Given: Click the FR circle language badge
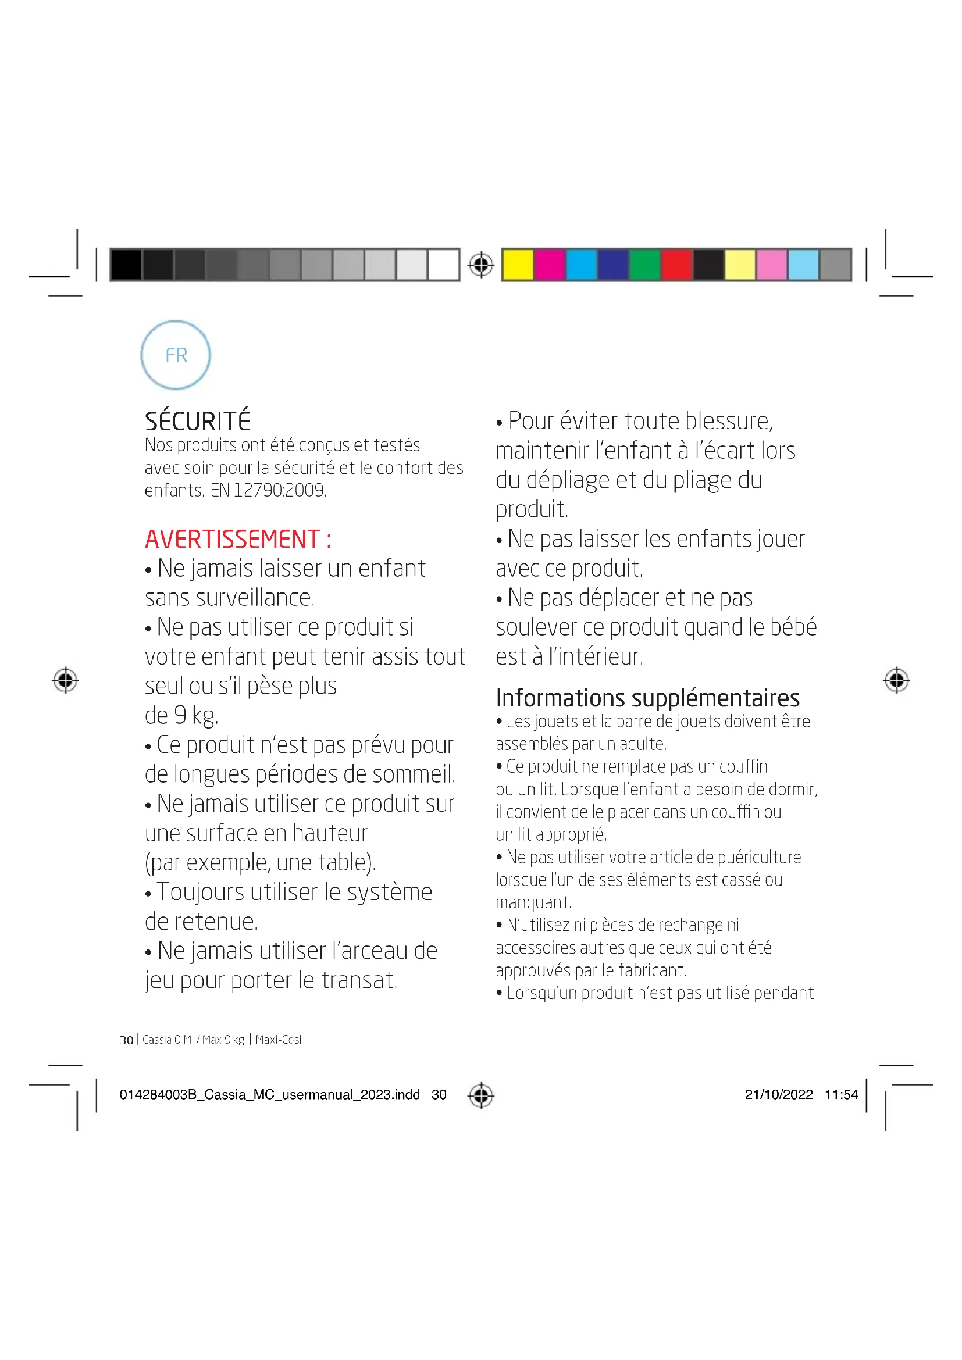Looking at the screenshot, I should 175,355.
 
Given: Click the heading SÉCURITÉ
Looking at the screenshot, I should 197,421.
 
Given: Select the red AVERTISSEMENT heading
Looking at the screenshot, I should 237,539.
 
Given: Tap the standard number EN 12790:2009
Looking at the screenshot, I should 268,491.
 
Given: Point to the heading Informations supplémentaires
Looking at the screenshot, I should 647,698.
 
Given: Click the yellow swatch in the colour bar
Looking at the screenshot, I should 518,264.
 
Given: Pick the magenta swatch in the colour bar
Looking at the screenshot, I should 549,264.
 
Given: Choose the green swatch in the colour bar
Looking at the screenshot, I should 644,264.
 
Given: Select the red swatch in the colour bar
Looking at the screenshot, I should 676,264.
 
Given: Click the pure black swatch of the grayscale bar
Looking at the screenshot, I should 126,264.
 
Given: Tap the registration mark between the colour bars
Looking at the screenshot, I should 481,264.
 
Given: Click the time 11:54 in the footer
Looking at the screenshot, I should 840,1094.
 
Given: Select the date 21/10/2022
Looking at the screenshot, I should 778,1094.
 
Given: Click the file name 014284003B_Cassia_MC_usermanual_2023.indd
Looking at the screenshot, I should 269,1094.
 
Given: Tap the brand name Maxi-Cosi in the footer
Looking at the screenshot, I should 279,1040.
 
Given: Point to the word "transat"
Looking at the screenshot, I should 359,980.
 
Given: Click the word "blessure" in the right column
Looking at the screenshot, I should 729,421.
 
